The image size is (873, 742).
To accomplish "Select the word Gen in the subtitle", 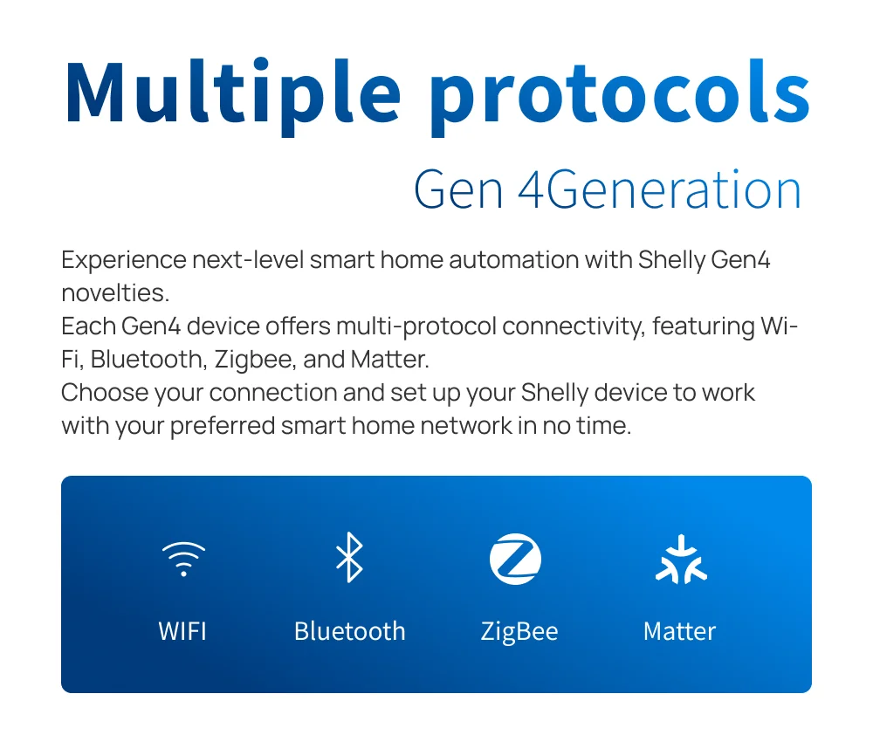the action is (x=458, y=189).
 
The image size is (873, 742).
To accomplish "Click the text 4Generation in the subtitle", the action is (x=660, y=189).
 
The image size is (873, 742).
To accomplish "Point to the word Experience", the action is (x=124, y=260).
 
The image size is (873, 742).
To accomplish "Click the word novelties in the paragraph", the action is (x=114, y=293).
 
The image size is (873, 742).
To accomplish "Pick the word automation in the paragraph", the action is (x=514, y=259).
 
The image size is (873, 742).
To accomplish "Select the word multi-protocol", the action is (x=416, y=326).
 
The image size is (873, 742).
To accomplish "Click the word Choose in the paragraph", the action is (x=105, y=393).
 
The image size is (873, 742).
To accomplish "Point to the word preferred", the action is (x=223, y=426).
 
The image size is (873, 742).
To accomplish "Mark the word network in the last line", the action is (x=466, y=426).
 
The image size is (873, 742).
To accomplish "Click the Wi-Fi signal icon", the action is (x=183, y=559).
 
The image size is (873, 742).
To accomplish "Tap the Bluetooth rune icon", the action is (x=350, y=557).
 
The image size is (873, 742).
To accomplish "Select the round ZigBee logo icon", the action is (x=515, y=559).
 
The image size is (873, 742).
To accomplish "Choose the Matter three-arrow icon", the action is (x=681, y=560).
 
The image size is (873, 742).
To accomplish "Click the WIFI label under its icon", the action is (x=182, y=632).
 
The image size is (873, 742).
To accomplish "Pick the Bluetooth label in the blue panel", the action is (x=350, y=631).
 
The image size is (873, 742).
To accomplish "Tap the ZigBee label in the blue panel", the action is (x=519, y=632).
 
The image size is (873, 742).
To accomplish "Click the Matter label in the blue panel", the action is (x=680, y=632).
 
